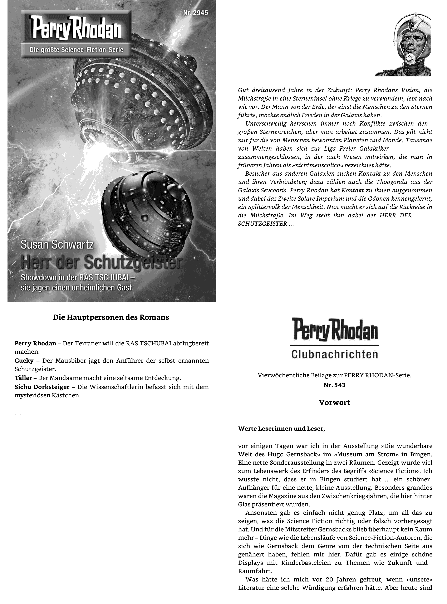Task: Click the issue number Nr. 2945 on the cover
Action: coord(195,13)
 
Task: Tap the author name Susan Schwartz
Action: coord(57,245)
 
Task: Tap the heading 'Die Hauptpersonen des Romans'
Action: coord(111,317)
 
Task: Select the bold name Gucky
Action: coord(24,360)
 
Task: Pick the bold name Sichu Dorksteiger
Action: coord(42,387)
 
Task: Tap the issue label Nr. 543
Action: coord(334,385)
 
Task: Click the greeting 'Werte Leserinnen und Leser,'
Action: coord(281,428)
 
